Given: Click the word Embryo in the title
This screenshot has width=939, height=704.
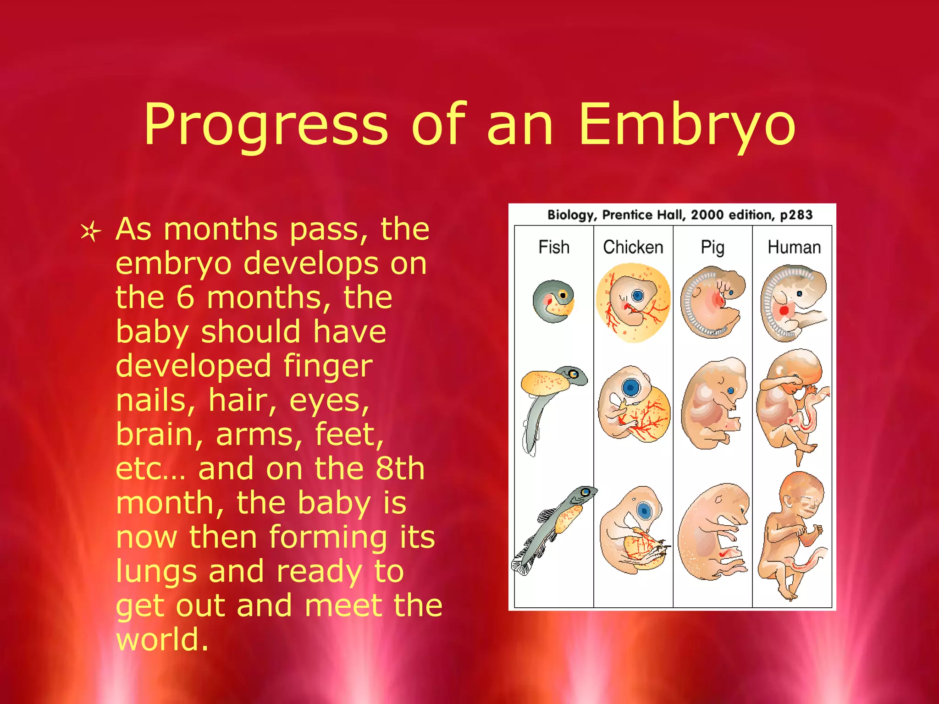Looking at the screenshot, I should (x=686, y=125).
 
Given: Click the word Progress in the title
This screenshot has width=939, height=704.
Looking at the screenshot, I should (x=266, y=125).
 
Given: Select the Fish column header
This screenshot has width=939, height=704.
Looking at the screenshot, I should (x=554, y=247).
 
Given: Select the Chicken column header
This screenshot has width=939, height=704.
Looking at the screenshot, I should (x=633, y=247).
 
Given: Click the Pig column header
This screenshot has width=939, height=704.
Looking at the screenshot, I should (x=713, y=248).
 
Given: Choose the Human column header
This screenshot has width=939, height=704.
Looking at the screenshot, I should (x=794, y=247).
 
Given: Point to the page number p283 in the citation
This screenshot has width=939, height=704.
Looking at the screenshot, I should (x=796, y=214).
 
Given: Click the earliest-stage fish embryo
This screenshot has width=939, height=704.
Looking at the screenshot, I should (x=553, y=301).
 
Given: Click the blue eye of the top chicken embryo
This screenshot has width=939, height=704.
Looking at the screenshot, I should (x=638, y=296).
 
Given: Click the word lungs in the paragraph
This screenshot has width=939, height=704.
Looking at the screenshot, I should (x=156, y=572).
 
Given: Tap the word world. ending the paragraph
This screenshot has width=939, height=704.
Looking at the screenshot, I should (x=162, y=640).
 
